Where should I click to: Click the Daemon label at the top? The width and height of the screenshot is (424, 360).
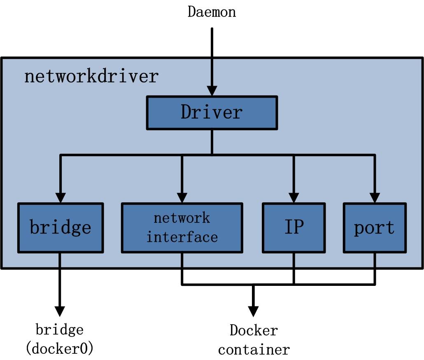pyautogui.click(x=212, y=12)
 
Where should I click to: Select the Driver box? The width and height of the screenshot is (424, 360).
pyautogui.click(x=212, y=112)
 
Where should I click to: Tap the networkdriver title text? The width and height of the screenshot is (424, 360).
pyautogui.click(x=91, y=77)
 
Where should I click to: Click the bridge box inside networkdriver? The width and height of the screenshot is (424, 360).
pyautogui.click(x=60, y=227)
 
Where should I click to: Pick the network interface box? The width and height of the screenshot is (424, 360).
pyautogui.click(x=182, y=227)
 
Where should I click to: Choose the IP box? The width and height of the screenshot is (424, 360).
pyautogui.click(x=294, y=227)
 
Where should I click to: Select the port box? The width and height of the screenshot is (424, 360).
pyautogui.click(x=375, y=227)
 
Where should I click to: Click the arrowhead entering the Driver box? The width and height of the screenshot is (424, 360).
pyautogui.click(x=212, y=91)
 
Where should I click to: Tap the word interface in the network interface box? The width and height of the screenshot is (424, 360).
pyautogui.click(x=182, y=237)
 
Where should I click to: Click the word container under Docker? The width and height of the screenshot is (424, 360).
pyautogui.click(x=254, y=350)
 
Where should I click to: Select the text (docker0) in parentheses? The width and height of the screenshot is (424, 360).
pyautogui.click(x=60, y=349)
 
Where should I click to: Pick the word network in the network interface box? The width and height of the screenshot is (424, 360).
pyautogui.click(x=182, y=218)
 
